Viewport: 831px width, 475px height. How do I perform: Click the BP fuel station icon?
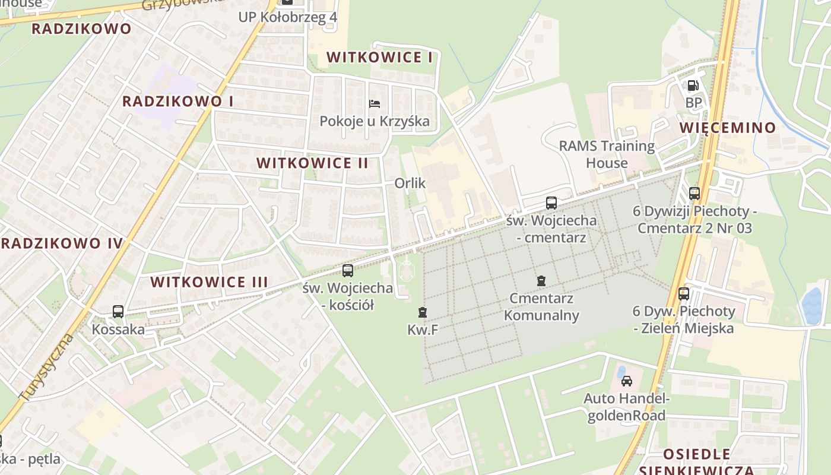click(x=693, y=85)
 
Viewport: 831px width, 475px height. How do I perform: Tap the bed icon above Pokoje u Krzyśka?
click(x=375, y=104)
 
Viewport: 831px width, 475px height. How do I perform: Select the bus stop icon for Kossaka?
click(x=118, y=311)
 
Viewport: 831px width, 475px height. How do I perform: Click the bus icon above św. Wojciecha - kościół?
click(x=348, y=271)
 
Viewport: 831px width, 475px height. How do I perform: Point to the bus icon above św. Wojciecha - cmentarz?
click(x=551, y=203)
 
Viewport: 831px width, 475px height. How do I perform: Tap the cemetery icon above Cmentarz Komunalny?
click(x=541, y=280)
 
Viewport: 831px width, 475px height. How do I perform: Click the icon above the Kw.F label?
click(x=422, y=312)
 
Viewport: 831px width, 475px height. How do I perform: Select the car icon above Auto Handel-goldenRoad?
click(x=626, y=381)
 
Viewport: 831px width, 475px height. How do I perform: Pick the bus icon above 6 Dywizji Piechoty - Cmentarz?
click(x=694, y=193)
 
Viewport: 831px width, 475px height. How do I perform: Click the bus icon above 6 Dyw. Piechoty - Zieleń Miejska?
click(x=684, y=293)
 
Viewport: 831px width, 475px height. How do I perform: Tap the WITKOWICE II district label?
click(x=312, y=163)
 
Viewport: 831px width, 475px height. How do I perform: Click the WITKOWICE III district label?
click(x=209, y=282)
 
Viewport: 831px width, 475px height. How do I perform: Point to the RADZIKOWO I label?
click(x=177, y=102)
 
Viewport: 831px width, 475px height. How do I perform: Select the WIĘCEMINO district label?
click(x=728, y=128)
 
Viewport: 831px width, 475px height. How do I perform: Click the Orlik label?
click(x=410, y=183)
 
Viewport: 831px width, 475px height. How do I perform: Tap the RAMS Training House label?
click(x=607, y=154)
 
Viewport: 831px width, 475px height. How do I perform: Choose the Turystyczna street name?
click(x=46, y=368)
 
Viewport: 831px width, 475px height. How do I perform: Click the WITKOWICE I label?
click(x=379, y=58)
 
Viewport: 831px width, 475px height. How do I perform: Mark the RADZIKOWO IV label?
click(x=62, y=243)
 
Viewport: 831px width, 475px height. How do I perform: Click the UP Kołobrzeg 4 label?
click(x=288, y=17)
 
